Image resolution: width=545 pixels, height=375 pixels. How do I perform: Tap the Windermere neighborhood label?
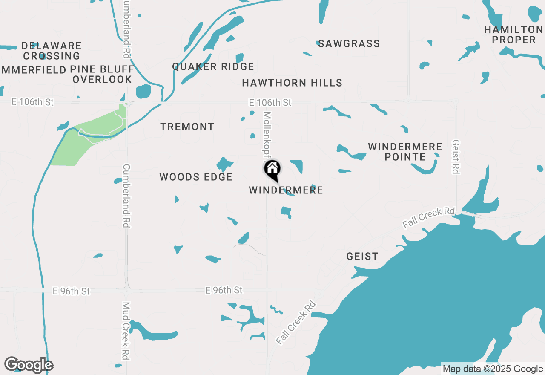pyautogui.click(x=286, y=190)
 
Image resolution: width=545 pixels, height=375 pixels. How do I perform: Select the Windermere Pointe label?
pyautogui.click(x=405, y=152)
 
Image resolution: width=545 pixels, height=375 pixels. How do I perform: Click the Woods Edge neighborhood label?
pyautogui.click(x=196, y=177)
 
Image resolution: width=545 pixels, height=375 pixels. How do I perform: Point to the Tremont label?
pyautogui.click(x=187, y=127)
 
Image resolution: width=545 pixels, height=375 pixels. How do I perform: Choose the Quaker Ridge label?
pyautogui.click(x=213, y=66)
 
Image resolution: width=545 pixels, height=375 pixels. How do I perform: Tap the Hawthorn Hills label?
pyautogui.click(x=292, y=83)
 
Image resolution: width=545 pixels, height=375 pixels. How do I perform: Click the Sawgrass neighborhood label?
pyautogui.click(x=349, y=43)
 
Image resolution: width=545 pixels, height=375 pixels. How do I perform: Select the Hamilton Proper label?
pyautogui.click(x=513, y=35)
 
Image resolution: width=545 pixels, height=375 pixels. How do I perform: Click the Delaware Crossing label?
pyautogui.click(x=52, y=51)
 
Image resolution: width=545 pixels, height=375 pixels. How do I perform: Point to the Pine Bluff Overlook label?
pyautogui.click(x=102, y=74)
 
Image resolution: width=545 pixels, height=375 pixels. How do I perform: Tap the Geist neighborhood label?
pyautogui.click(x=362, y=256)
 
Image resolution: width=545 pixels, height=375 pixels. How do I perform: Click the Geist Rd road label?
pyautogui.click(x=456, y=157)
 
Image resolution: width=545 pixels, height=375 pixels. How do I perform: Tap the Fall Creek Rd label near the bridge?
pyautogui.click(x=429, y=218)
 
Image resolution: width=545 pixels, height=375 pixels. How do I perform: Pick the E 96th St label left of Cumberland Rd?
pyautogui.click(x=71, y=291)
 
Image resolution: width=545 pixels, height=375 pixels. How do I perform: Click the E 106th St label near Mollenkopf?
pyautogui.click(x=270, y=102)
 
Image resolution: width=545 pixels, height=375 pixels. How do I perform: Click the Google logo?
pyautogui.click(x=29, y=365)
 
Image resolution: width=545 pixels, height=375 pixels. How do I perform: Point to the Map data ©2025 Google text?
pyautogui.click(x=493, y=369)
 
